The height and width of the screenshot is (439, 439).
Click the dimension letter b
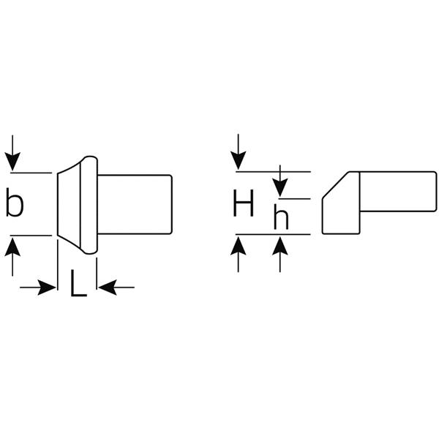(x=15, y=203)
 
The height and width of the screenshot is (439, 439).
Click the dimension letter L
(x=78, y=282)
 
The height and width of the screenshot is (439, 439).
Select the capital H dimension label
(x=244, y=203)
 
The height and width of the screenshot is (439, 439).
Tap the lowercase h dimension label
(x=281, y=217)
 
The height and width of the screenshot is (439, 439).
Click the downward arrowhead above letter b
(x=12, y=161)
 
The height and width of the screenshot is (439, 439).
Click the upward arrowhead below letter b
(x=12, y=247)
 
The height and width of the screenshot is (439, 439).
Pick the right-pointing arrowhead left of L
(x=47, y=288)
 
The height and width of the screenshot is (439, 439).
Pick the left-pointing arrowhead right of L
(x=108, y=288)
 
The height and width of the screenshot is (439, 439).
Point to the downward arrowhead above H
(x=239, y=160)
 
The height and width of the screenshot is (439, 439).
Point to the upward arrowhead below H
(x=239, y=246)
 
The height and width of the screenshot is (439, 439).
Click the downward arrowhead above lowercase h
(x=280, y=188)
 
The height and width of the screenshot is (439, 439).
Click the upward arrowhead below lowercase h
(x=280, y=246)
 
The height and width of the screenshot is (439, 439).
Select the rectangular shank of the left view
(x=135, y=204)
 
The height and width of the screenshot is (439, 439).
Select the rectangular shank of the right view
(x=398, y=192)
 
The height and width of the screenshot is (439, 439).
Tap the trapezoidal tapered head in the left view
(x=69, y=205)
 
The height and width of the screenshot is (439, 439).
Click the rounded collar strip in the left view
(x=89, y=205)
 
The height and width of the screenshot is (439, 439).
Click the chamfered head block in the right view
(x=341, y=203)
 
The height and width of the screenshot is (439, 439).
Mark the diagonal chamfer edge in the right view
(x=336, y=185)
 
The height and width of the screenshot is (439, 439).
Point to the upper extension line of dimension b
(x=31, y=173)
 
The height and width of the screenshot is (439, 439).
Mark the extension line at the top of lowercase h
(x=295, y=198)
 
